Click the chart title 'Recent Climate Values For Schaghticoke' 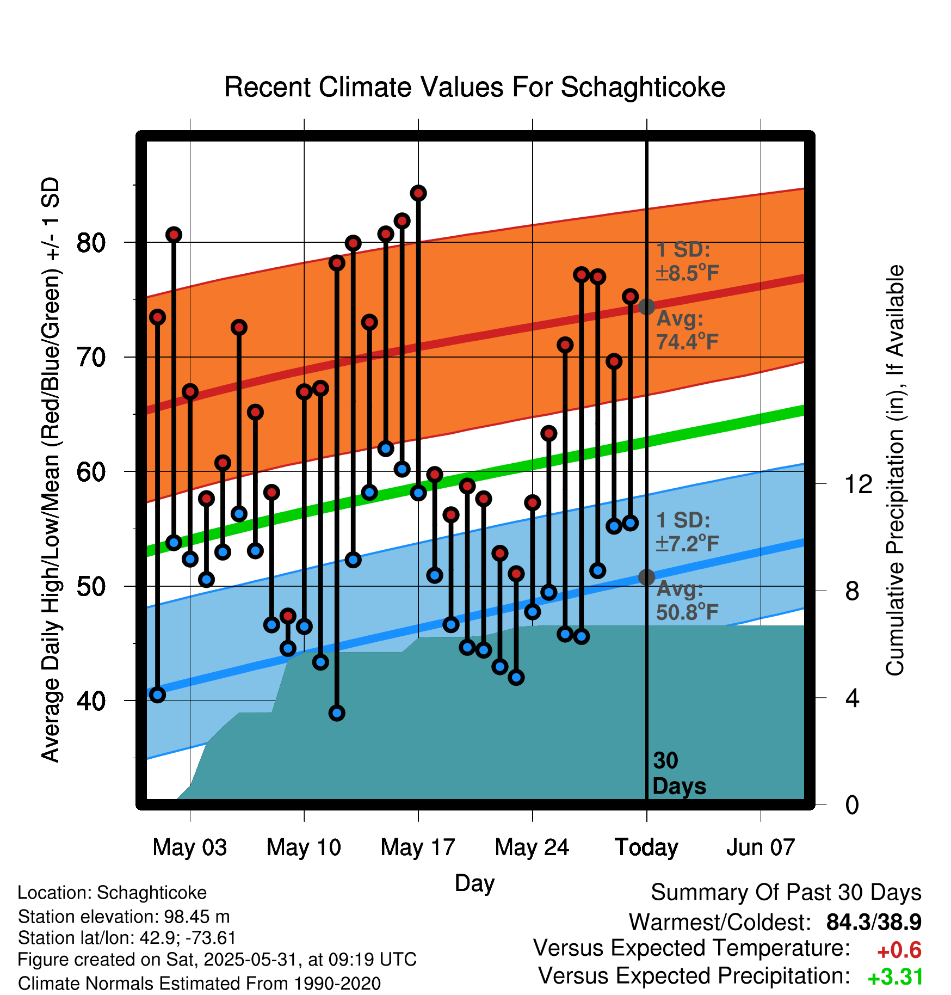[x=474, y=87]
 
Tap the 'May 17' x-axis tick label [x=418, y=847]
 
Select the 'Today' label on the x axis [x=646, y=847]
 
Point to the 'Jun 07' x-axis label [x=761, y=847]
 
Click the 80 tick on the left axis [x=91, y=242]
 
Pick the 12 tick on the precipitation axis [x=859, y=484]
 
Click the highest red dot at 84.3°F [x=418, y=193]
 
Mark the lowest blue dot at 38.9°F [x=337, y=713]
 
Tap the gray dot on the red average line [x=646, y=306]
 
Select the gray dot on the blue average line [x=646, y=577]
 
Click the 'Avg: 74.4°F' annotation [x=687, y=330]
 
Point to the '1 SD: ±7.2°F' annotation [x=687, y=532]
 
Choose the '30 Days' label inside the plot [x=678, y=773]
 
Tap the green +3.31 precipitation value [x=895, y=977]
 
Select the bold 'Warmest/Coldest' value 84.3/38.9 [x=874, y=922]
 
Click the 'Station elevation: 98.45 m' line [x=123, y=917]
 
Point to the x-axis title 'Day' [x=474, y=883]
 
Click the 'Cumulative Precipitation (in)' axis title [x=895, y=471]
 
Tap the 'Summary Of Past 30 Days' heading [x=786, y=893]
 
